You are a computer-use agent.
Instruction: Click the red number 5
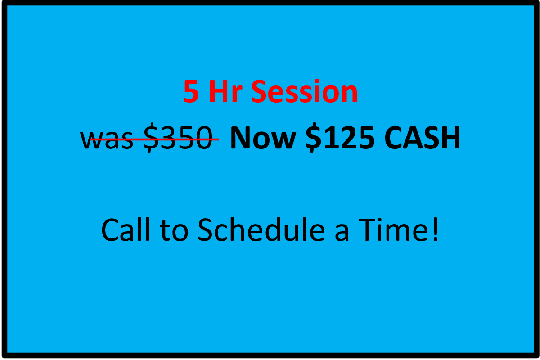coord(191,92)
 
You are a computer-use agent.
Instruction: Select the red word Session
coord(304,92)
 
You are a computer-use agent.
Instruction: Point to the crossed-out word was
coord(107,139)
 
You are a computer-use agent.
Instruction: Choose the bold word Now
coord(262,138)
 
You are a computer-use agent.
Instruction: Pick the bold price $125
coord(340,138)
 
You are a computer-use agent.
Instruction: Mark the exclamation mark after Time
coord(435,229)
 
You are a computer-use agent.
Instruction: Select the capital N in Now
coord(240,138)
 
